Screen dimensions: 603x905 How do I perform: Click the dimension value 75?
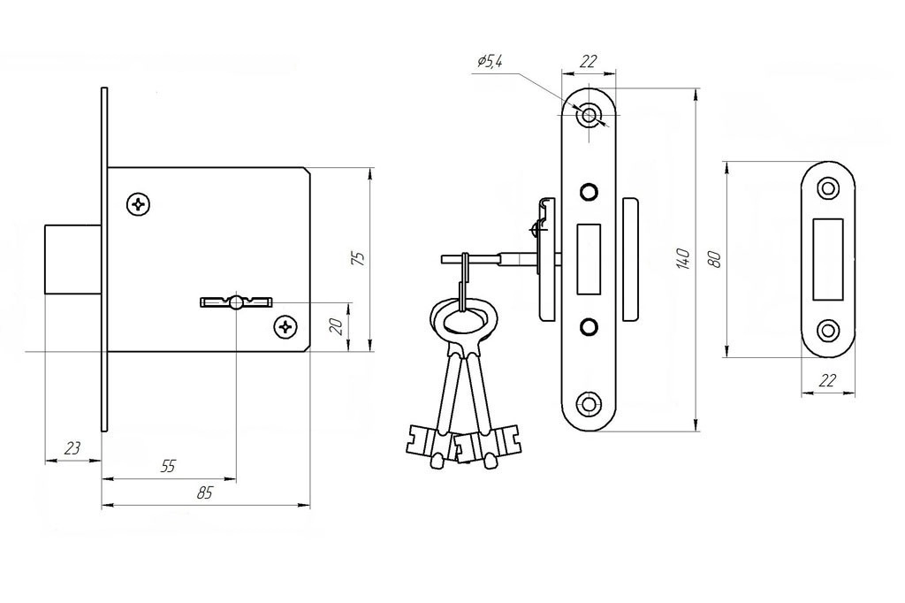(358, 258)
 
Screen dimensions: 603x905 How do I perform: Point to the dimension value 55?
(168, 467)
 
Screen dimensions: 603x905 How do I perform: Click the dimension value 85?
(205, 493)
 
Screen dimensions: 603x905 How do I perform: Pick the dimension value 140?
(682, 257)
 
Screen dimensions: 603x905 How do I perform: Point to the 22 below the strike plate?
(828, 380)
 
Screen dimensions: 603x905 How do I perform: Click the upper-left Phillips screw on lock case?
(139, 204)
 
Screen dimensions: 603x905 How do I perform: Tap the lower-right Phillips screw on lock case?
(285, 328)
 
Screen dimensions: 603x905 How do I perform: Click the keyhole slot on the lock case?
(236, 302)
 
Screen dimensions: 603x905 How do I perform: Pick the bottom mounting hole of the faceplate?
(589, 404)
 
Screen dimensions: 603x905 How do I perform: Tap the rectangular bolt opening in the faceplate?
(589, 258)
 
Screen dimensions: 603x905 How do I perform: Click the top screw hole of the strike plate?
(828, 187)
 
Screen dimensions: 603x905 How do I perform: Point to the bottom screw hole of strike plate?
(828, 331)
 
